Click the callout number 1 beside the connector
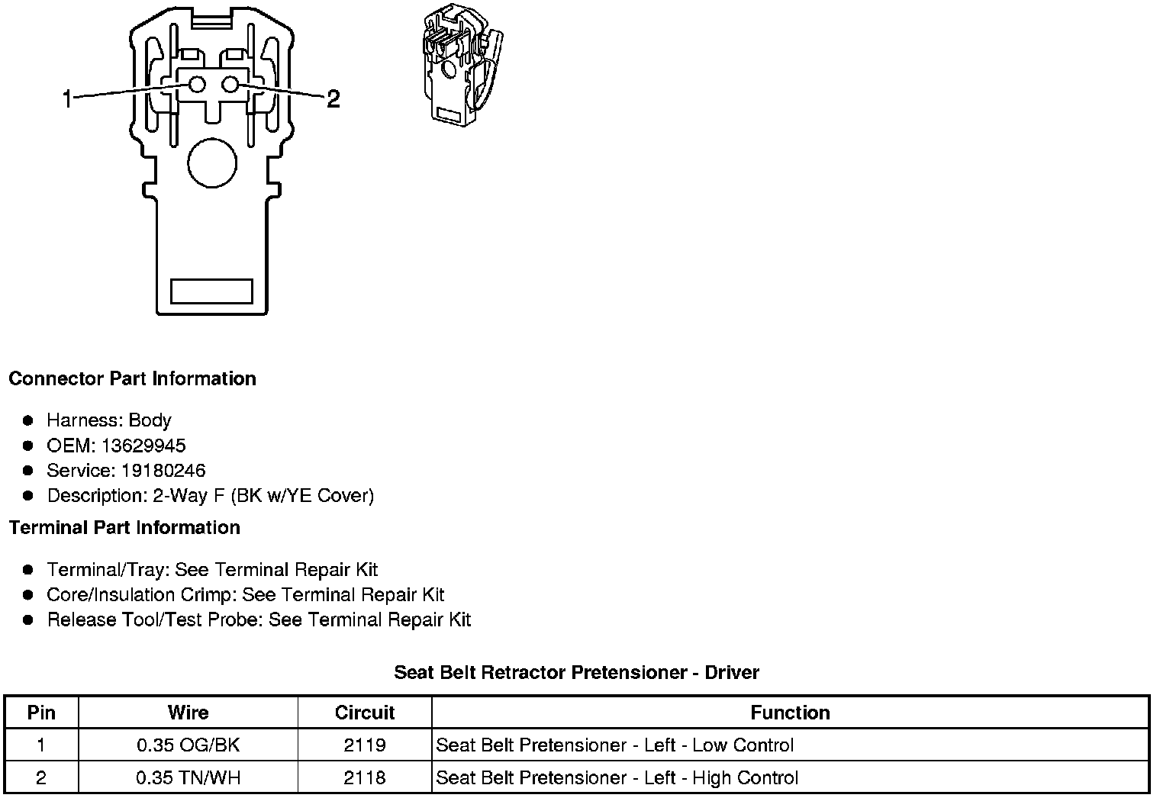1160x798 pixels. point(67,98)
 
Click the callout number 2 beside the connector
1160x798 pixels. point(333,98)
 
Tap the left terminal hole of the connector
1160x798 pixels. point(197,85)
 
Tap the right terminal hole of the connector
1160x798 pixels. point(231,85)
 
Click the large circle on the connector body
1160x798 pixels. point(212,162)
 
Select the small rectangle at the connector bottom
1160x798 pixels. point(211,291)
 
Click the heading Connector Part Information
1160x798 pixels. point(132,379)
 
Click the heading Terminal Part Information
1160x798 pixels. point(124,528)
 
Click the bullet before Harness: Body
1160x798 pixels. point(28,420)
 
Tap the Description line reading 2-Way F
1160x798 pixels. point(210,496)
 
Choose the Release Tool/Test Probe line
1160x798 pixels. point(259,619)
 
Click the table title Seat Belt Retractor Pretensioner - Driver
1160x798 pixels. point(576,672)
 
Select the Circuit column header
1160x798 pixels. point(364,713)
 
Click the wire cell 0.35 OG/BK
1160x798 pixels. point(188,745)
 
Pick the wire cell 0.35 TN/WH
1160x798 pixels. point(188,778)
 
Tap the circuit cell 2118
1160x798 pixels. point(364,778)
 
